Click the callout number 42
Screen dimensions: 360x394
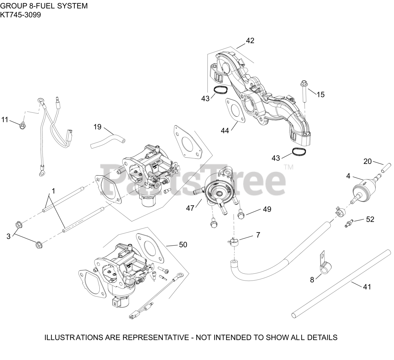coord(250,41)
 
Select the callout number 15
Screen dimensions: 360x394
coord(320,95)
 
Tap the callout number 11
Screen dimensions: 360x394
coord(5,119)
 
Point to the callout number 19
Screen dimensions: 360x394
coord(97,127)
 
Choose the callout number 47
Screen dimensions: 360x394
coord(190,208)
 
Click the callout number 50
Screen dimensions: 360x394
coord(183,245)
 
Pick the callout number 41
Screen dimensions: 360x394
coord(367,287)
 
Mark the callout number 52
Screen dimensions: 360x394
coord(370,219)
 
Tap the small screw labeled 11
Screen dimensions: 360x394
coord(22,126)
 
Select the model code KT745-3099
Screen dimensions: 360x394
coord(20,14)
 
